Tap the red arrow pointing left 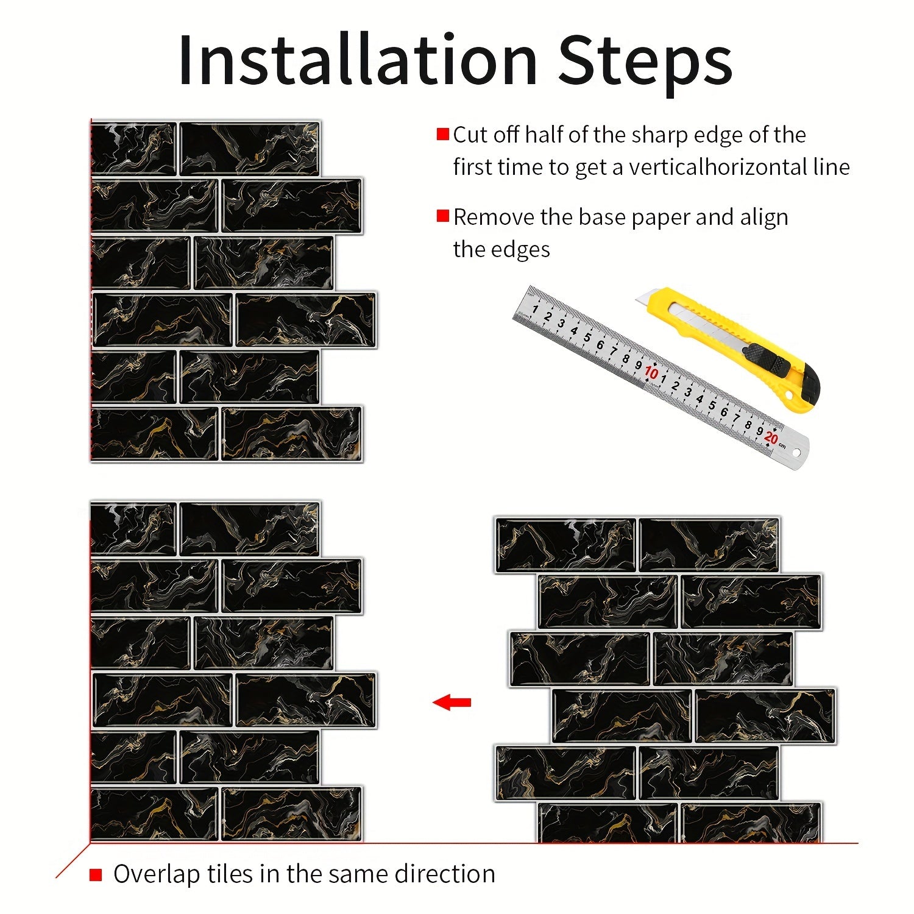tap(452, 703)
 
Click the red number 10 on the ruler tap(651, 373)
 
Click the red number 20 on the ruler tap(771, 438)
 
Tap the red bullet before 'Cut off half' tap(443, 135)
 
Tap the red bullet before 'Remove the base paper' tap(443, 216)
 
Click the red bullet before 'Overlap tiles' tap(96, 875)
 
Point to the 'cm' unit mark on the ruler tap(782, 447)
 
